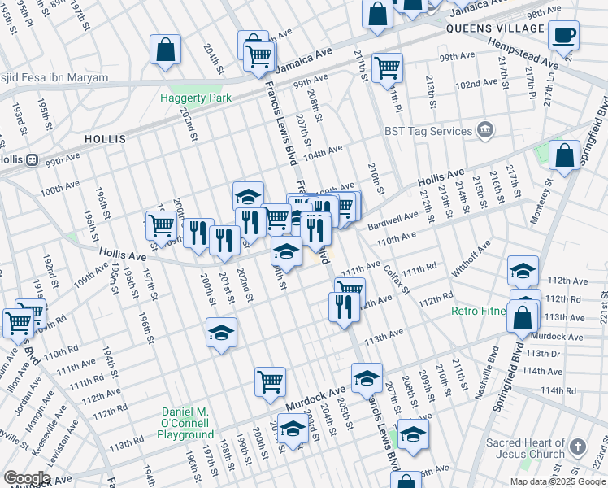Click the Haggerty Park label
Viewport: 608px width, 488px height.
point(195,98)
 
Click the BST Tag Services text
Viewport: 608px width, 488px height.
point(428,130)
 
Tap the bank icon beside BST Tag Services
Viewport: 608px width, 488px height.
point(485,130)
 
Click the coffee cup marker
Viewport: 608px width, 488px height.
point(563,35)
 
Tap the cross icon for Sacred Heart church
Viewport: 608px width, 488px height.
point(577,447)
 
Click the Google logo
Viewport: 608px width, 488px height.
point(27,477)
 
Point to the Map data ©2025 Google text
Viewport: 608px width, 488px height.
point(558,481)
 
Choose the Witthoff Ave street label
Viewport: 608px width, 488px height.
point(473,258)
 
